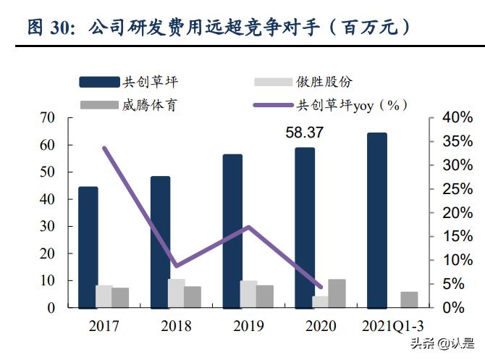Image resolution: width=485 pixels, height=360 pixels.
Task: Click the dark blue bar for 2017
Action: [x=88, y=246]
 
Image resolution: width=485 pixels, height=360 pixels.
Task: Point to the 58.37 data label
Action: [x=304, y=133]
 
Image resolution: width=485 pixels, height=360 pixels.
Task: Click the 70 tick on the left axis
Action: [x=47, y=118]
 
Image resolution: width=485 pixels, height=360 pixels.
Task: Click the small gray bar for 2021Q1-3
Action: [x=409, y=299]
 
